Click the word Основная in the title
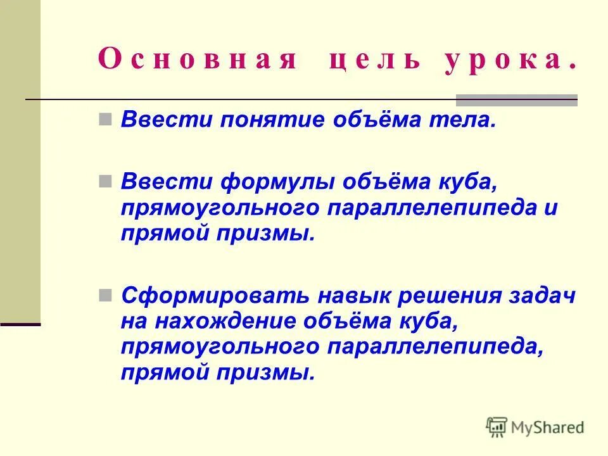pos(197,61)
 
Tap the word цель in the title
pos(374,61)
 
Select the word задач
pos(545,296)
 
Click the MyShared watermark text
pos(547,427)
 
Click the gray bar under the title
pos(517,99)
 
